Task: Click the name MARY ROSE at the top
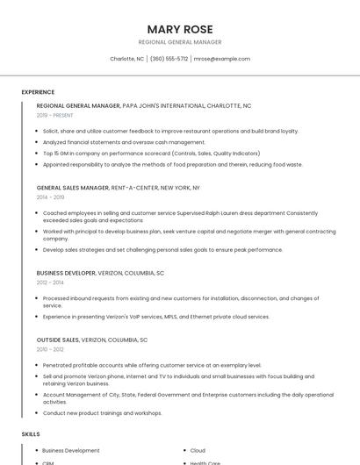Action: [x=180, y=29]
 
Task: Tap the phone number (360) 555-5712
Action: [x=169, y=59]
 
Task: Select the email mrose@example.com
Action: [x=222, y=59]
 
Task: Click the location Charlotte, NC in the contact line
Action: [x=126, y=59]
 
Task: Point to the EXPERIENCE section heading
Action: [x=38, y=92]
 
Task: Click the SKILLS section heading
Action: [x=31, y=434]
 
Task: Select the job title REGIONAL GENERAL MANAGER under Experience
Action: [x=78, y=105]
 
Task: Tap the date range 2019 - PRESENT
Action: [x=54, y=115]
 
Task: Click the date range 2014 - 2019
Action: [x=51, y=197]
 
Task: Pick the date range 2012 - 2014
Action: [x=51, y=283]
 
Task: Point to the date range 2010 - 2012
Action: [x=51, y=349]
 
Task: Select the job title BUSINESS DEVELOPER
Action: [x=66, y=273]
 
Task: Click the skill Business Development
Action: [x=71, y=450]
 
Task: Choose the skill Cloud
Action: [x=198, y=450]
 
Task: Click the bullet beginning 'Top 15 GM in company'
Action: [x=151, y=153]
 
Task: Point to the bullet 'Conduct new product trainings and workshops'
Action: [x=103, y=412]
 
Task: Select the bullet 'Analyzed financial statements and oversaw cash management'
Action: [x=124, y=142]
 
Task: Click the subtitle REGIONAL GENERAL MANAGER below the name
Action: [x=180, y=42]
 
